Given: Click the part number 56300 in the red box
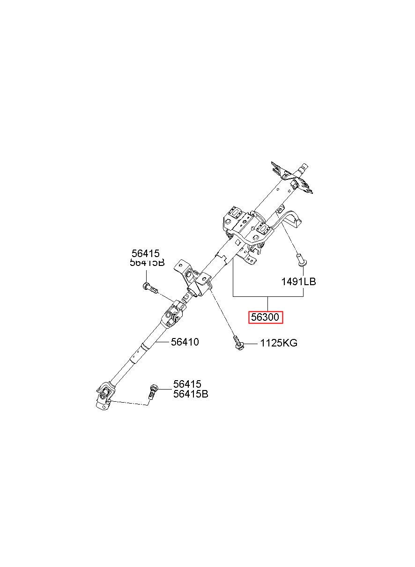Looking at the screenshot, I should pyautogui.click(x=265, y=317).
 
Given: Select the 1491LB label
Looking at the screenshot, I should pyautogui.click(x=298, y=281).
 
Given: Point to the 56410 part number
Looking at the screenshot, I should pyautogui.click(x=185, y=342).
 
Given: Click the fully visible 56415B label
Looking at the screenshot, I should pyautogui.click(x=190, y=394).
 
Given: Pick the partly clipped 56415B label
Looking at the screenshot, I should pyautogui.click(x=147, y=263).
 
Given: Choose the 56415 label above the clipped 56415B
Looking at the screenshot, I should pyautogui.click(x=146, y=253).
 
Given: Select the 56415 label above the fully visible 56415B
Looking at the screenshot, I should pyautogui.click(x=187, y=384).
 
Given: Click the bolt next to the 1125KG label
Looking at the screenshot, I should pyautogui.click(x=237, y=342).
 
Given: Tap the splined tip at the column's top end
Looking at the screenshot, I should pyautogui.click(x=304, y=166).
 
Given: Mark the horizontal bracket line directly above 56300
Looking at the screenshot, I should pyautogui.click(x=268, y=297).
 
